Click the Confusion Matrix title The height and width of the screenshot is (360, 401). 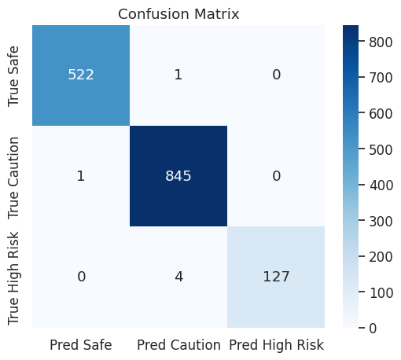[178, 14]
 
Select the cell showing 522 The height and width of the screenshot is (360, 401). [81, 75]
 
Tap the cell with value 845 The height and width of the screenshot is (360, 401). [178, 176]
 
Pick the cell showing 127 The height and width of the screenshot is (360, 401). [276, 277]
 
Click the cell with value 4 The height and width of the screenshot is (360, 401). [178, 277]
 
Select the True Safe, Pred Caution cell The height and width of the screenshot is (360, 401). [178, 75]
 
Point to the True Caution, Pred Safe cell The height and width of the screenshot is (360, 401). [81, 176]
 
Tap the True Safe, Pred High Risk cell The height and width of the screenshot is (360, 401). [276, 75]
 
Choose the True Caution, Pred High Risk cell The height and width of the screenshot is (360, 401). [276, 176]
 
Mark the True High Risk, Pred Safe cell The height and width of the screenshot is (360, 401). [81, 277]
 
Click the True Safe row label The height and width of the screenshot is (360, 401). [13, 76]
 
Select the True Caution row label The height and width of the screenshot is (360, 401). [13, 178]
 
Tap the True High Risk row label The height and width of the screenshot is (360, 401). [13, 278]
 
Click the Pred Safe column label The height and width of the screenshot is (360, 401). [81, 345]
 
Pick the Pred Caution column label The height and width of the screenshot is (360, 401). [178, 345]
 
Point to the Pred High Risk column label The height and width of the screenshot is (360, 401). [276, 345]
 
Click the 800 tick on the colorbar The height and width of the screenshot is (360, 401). [381, 42]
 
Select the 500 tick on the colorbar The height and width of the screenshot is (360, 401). [381, 150]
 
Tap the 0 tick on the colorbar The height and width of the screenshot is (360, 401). [373, 328]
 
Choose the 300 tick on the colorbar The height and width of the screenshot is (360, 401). [381, 222]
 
